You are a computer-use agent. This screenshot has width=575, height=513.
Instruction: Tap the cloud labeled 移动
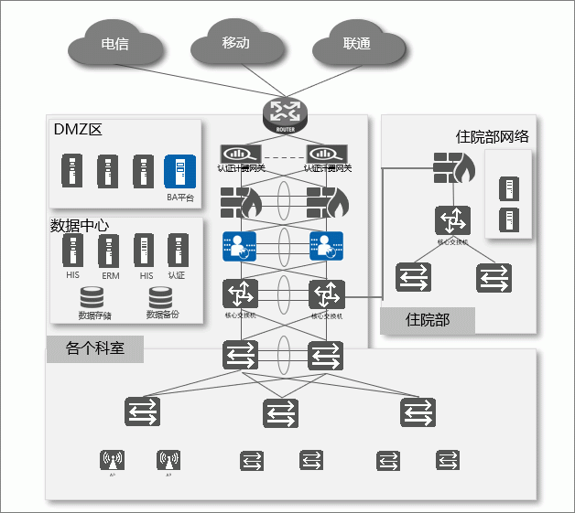click(236, 45)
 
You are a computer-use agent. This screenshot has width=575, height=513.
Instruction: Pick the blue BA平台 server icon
click(179, 172)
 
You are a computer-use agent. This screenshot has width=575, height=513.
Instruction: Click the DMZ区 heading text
click(77, 130)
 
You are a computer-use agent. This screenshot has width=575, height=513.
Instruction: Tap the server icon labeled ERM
click(109, 251)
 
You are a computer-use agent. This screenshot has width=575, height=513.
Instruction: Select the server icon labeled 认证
click(176, 250)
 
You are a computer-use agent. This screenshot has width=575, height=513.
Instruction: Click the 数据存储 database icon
click(93, 298)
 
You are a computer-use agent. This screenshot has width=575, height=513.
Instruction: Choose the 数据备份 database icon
click(161, 298)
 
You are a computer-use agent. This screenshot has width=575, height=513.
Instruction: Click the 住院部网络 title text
click(492, 137)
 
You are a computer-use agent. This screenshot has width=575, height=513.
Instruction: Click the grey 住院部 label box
click(428, 320)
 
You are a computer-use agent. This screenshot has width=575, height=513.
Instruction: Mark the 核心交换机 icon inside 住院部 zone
click(452, 222)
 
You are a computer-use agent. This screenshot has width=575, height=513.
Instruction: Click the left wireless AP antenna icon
click(113, 460)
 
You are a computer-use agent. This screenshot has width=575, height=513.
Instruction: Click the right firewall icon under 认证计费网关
click(327, 200)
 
